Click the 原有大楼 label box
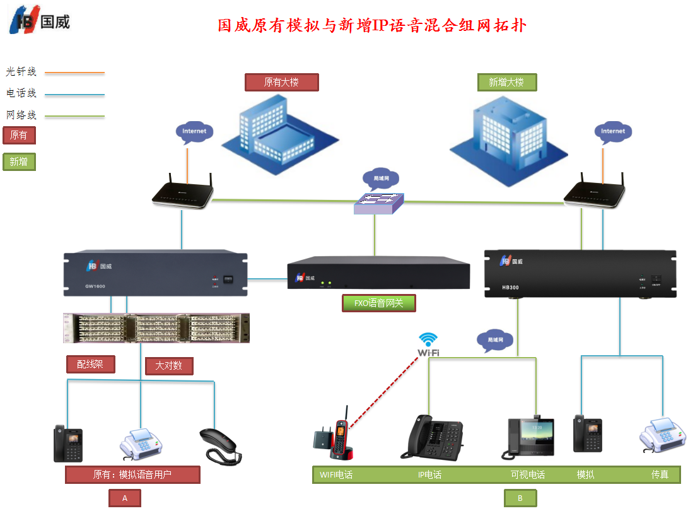(281, 83)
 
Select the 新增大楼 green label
(506, 83)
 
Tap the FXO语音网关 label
(378, 303)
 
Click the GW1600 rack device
(155, 274)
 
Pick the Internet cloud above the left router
(194, 131)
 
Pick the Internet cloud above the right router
(613, 131)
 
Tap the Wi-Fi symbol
(428, 344)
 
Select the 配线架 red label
(90, 364)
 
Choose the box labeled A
(125, 498)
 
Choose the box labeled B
(520, 498)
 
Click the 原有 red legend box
(19, 136)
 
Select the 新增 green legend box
(19, 162)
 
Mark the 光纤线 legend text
(21, 72)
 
